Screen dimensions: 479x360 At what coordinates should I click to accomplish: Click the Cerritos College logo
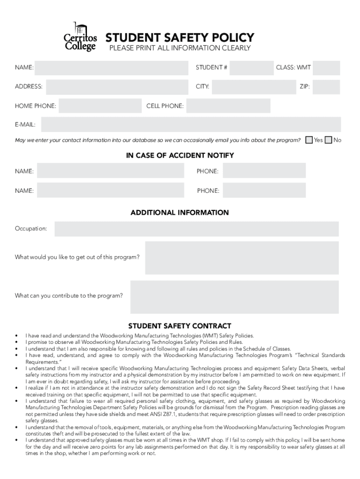(80, 37)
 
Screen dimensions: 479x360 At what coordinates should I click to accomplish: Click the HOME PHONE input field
(98, 106)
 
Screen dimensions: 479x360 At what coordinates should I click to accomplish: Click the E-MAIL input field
(191, 125)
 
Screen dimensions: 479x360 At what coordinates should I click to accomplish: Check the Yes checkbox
(309, 140)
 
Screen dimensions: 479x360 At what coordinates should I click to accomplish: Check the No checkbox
(328, 140)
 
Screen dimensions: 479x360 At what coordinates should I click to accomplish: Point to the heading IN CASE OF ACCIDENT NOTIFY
(180, 155)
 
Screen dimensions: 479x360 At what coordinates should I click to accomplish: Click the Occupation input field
(196, 229)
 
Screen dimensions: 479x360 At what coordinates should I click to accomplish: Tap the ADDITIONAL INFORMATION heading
(180, 213)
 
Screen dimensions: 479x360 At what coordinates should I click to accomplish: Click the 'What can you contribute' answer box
(234, 297)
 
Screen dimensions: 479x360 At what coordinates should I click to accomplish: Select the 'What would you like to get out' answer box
(242, 258)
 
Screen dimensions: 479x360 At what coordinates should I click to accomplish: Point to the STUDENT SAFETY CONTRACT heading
(180, 326)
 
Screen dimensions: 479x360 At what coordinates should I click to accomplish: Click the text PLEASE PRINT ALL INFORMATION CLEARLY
(180, 48)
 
